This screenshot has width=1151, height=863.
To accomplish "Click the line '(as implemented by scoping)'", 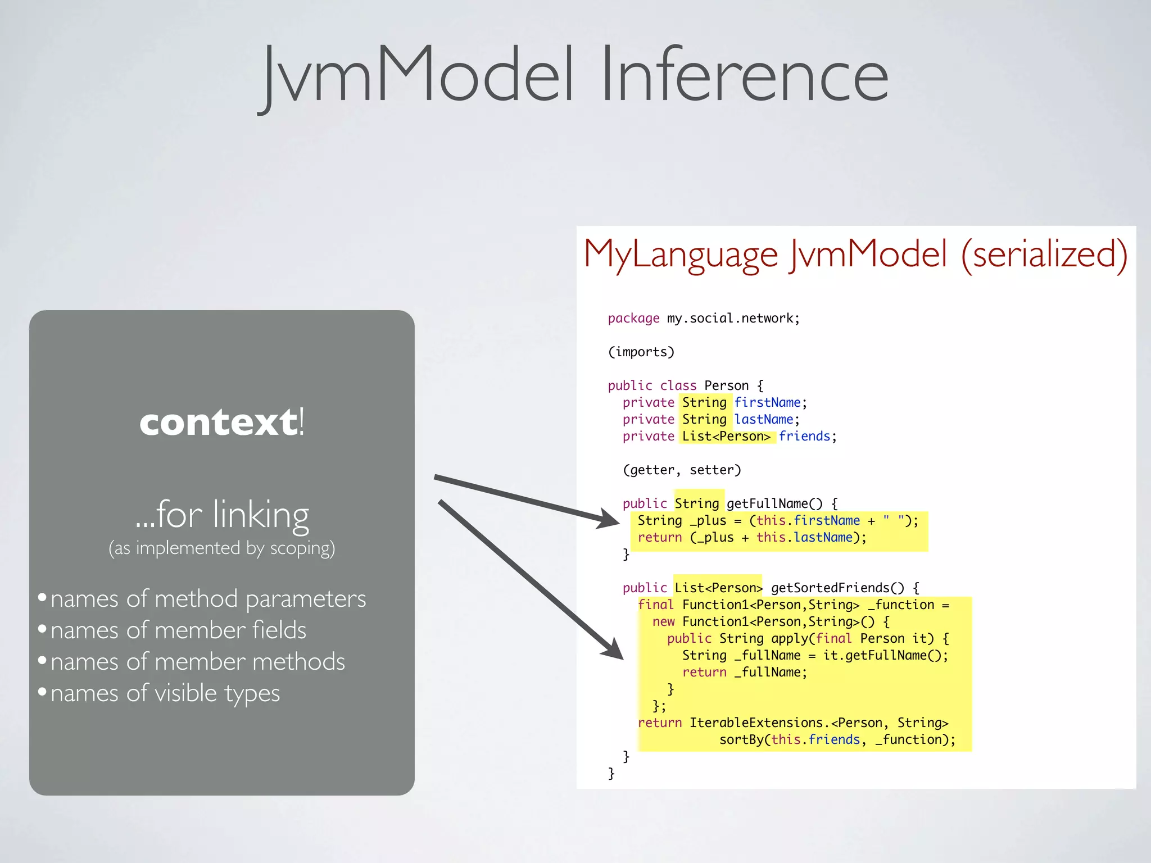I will click(221, 548).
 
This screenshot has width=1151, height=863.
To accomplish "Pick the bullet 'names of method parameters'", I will click(208, 599).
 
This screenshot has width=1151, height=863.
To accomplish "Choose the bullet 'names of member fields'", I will click(178, 630).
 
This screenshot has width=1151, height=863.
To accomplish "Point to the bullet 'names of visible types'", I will click(165, 693).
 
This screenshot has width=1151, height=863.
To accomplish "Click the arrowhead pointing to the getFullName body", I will click(610, 519).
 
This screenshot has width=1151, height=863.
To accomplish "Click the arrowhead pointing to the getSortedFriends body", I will click(614, 649).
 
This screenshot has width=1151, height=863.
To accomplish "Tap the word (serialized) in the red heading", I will click(1044, 254).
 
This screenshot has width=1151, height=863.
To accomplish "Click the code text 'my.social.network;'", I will click(733, 319).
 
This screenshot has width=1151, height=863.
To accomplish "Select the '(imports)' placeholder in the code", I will click(641, 352).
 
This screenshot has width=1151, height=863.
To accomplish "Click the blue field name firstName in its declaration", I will click(767, 403).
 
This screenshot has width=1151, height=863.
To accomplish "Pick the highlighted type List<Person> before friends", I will click(726, 437).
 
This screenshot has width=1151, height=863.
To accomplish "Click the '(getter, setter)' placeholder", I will click(682, 470).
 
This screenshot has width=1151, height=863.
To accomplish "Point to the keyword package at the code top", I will click(633, 319).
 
